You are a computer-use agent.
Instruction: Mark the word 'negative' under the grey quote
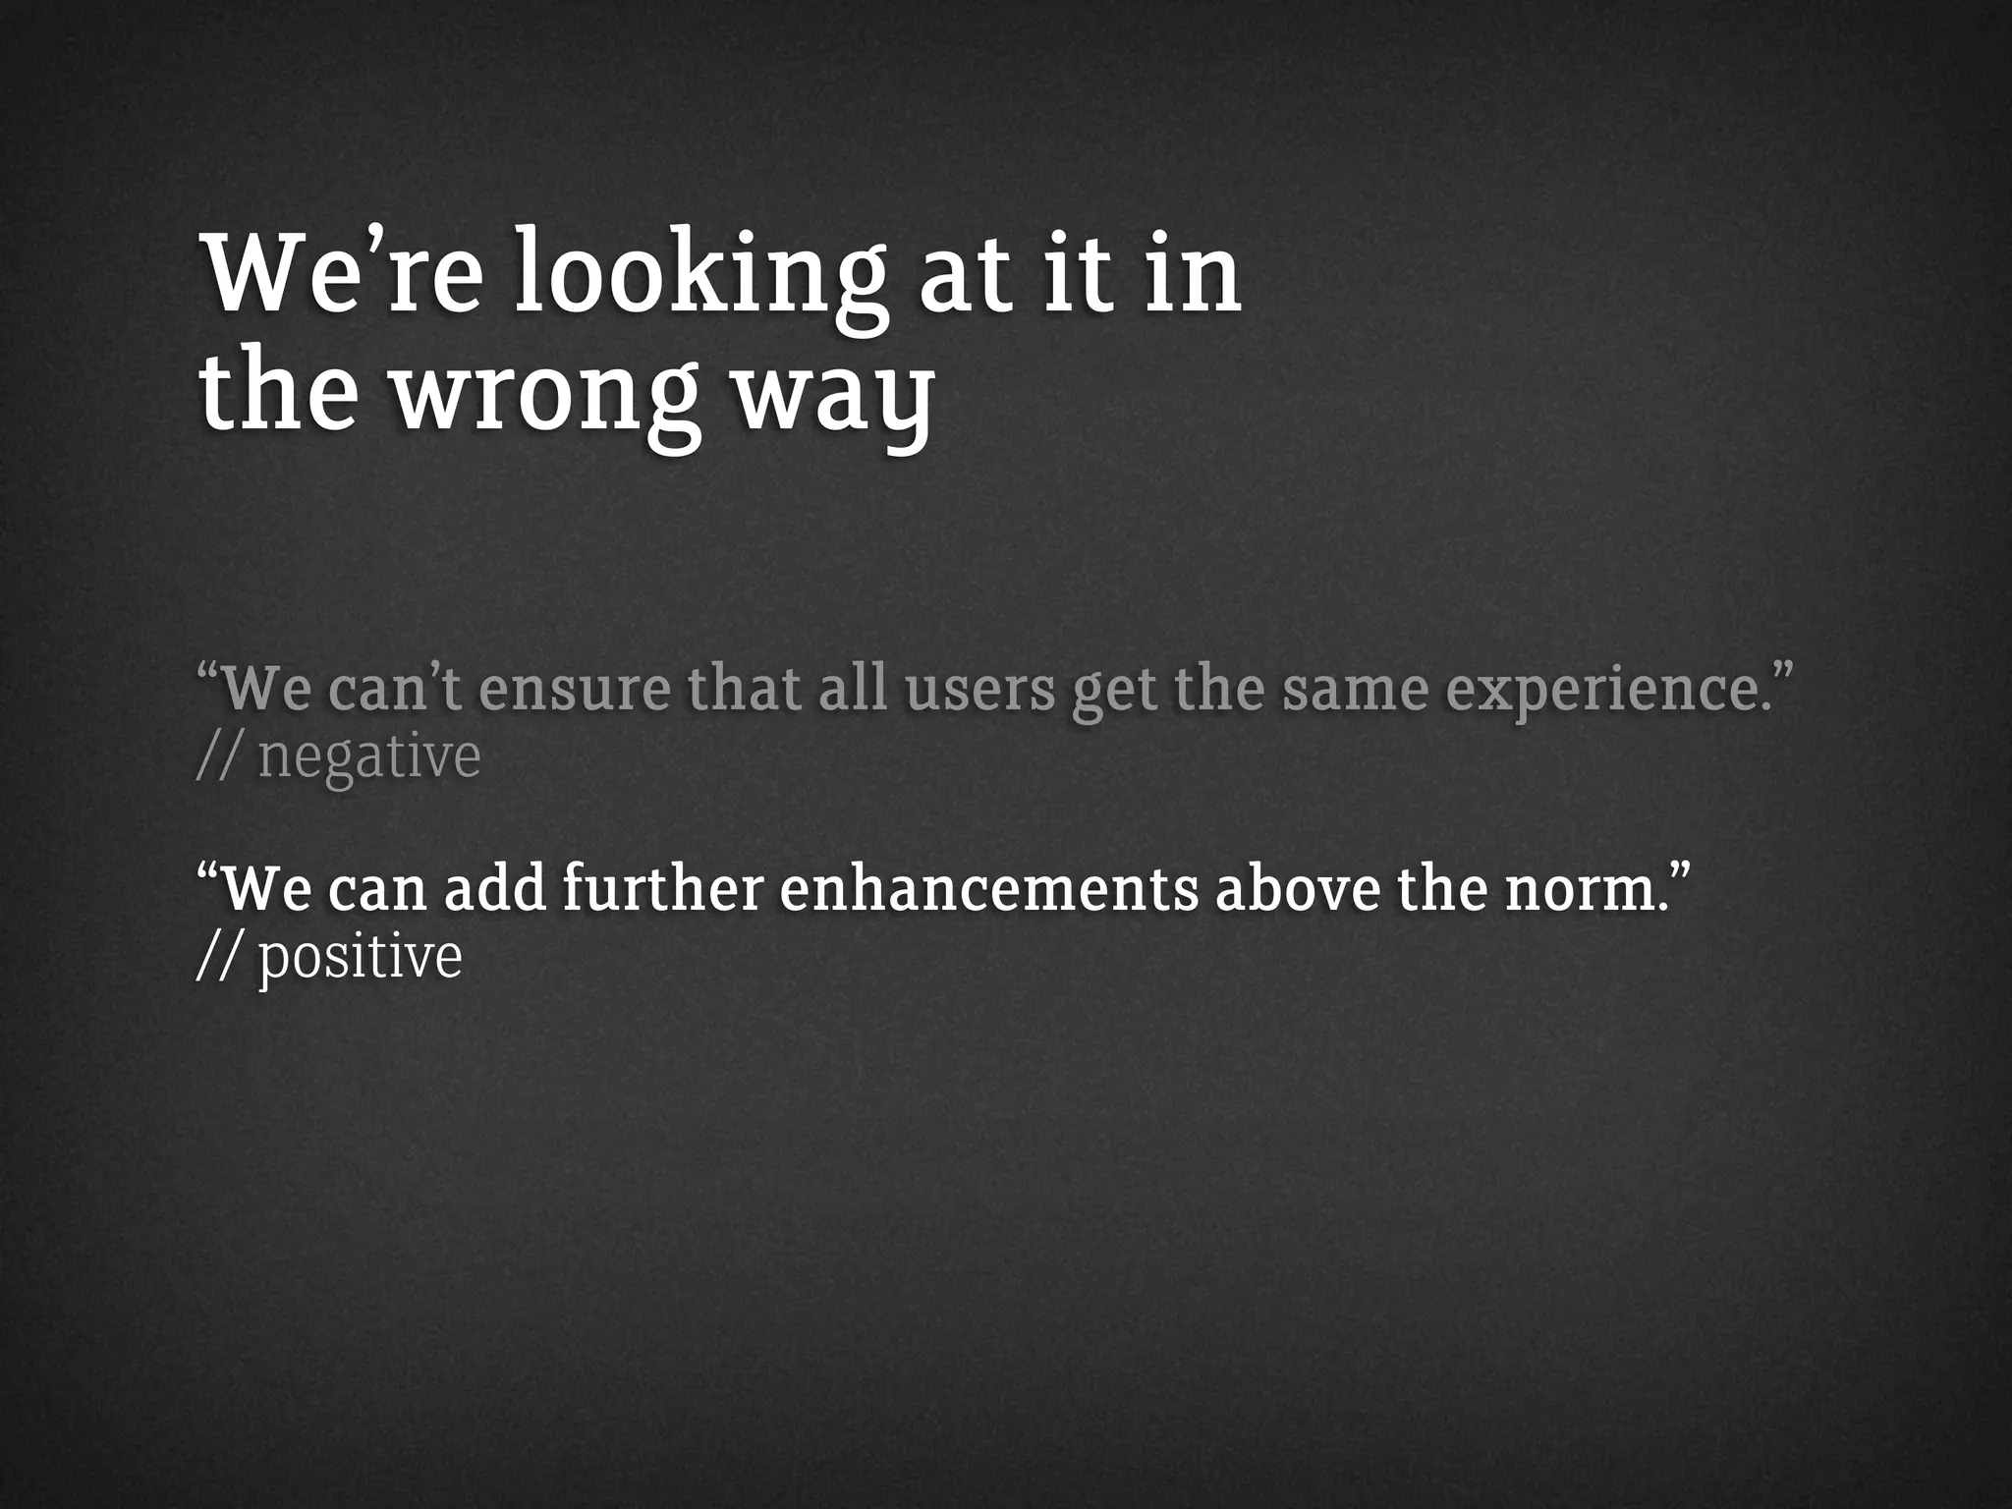tap(369, 758)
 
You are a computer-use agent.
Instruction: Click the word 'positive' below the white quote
tap(360, 957)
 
